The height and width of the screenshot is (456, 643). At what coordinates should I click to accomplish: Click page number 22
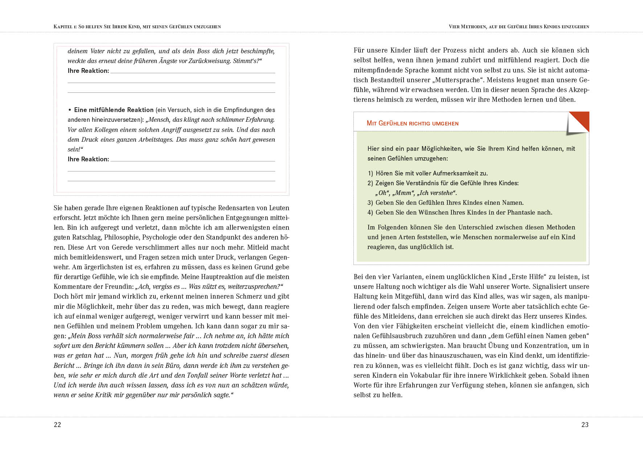(x=57, y=425)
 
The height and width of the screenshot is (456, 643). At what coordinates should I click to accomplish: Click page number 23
(x=585, y=425)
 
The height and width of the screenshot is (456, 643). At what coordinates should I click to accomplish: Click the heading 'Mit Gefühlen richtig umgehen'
(x=412, y=123)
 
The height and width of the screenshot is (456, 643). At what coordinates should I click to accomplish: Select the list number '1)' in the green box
(x=370, y=173)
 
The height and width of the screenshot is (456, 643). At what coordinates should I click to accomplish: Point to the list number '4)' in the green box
(x=370, y=212)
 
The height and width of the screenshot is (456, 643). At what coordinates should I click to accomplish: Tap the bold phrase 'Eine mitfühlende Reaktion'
(x=114, y=110)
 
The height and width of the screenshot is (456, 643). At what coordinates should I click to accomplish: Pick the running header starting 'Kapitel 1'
(x=137, y=26)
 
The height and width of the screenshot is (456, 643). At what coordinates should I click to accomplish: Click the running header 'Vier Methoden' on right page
(x=519, y=26)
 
